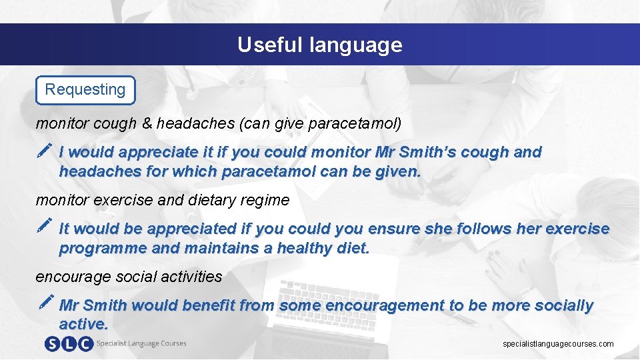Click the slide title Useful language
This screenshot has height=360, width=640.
coord(320,45)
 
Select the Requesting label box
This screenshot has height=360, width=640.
coord(85,90)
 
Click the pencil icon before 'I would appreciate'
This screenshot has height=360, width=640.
coord(45,151)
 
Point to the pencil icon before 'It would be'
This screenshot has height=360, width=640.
coord(45,228)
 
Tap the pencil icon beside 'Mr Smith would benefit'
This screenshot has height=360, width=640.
coord(45,305)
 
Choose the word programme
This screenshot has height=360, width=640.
coord(103,249)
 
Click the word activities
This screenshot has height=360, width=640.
coord(189,277)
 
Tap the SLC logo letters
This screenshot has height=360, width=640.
coord(68,344)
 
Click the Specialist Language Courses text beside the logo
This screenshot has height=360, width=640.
coord(141,344)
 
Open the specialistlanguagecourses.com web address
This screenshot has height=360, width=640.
coord(558,344)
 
